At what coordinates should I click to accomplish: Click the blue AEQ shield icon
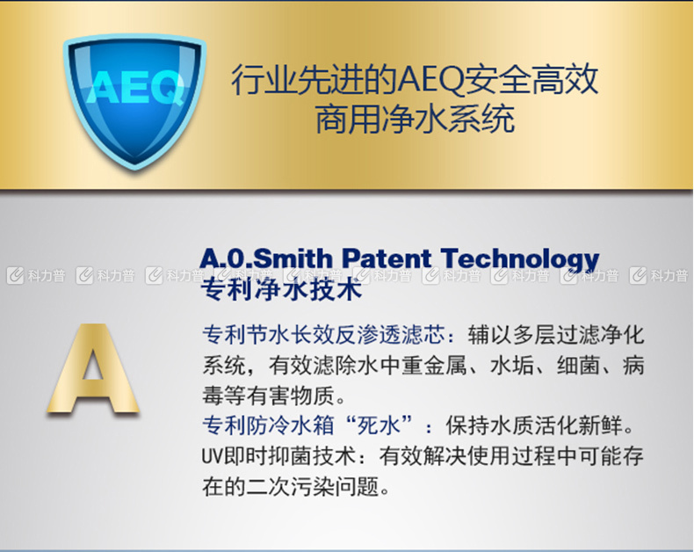tap(134, 102)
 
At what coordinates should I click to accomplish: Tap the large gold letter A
tap(93, 368)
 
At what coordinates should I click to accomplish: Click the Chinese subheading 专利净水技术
tap(281, 290)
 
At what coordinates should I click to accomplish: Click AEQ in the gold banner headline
tap(430, 81)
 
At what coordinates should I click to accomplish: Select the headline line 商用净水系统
tap(415, 119)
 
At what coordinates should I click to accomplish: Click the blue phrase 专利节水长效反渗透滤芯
tap(323, 335)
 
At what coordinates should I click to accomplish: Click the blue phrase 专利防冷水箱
tap(268, 425)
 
